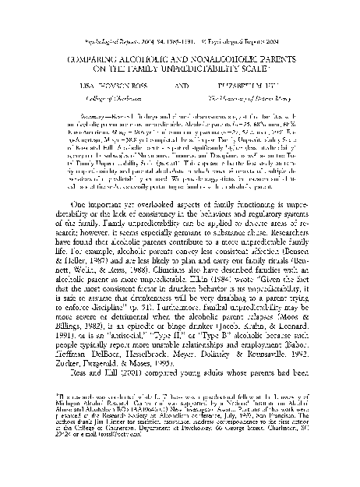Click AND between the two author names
[x=178, y=86]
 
